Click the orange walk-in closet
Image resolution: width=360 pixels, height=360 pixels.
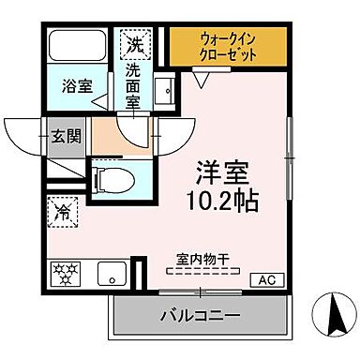228,46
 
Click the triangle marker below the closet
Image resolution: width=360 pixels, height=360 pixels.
198,80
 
